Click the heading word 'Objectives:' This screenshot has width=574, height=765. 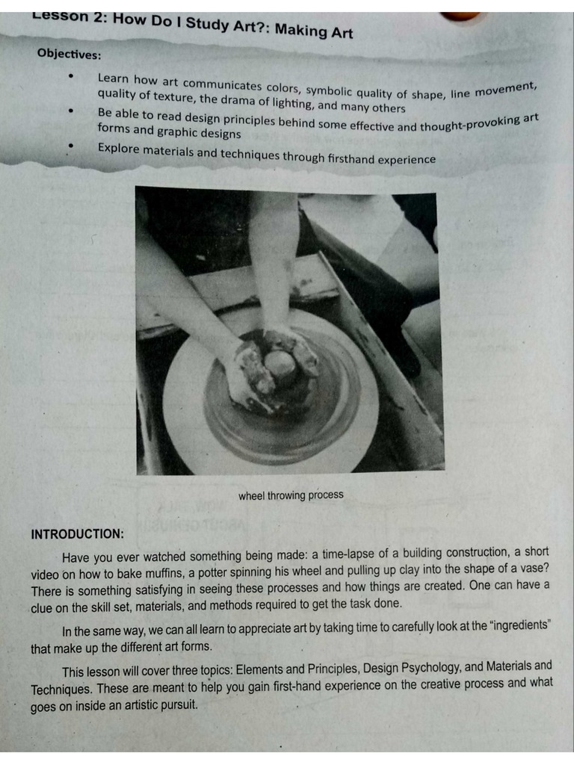point(69,54)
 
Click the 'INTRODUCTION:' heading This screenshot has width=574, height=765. point(77,534)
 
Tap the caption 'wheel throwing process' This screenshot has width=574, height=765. point(291,495)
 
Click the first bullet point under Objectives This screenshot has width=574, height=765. point(71,76)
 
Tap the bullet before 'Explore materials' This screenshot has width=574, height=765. point(71,148)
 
